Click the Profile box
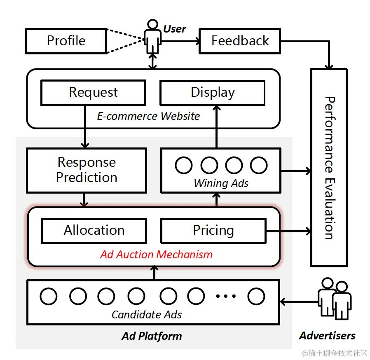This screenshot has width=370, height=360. click(x=66, y=41)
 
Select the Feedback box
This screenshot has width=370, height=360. click(x=240, y=41)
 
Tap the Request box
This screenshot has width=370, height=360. click(x=94, y=93)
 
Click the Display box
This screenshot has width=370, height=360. click(x=213, y=93)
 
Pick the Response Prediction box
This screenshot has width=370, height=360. click(x=87, y=171)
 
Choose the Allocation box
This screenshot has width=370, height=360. click(x=94, y=231)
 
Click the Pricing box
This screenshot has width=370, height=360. click(x=213, y=231)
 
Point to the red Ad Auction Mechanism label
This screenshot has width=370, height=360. click(x=156, y=255)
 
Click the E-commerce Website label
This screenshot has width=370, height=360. click(x=148, y=116)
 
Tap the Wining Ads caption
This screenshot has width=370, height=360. click(x=221, y=183)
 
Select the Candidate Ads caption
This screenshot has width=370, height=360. click(x=147, y=315)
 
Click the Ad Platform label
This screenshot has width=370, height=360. click(x=152, y=336)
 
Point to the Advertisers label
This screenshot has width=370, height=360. click(x=327, y=335)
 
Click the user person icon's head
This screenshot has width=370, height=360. click(x=153, y=24)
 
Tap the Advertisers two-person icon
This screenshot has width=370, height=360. click(x=335, y=299)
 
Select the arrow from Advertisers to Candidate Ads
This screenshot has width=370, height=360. click(x=299, y=302)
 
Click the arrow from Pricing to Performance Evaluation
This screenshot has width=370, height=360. click(x=288, y=231)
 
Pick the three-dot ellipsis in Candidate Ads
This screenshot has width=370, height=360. click(x=226, y=296)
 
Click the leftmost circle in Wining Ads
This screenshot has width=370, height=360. click(x=184, y=165)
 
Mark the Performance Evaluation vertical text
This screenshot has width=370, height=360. click(x=330, y=168)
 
